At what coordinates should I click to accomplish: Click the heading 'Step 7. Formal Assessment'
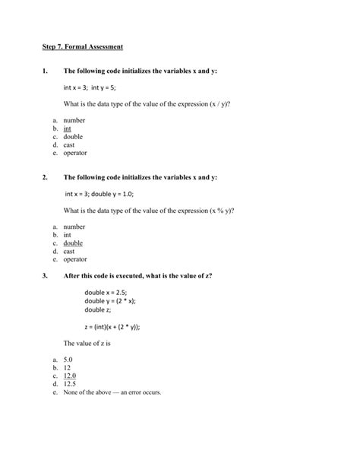[x=83, y=48]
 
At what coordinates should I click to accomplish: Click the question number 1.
[x=46, y=71]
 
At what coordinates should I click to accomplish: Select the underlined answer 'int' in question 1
[x=67, y=129]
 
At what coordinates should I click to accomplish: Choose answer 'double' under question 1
[x=73, y=137]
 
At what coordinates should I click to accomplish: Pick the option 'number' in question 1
[x=74, y=121]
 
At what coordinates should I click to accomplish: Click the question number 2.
[x=46, y=177]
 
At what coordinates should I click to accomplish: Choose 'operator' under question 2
[x=75, y=259]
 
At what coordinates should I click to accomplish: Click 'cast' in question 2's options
[x=69, y=251]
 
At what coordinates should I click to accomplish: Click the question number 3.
[x=46, y=275]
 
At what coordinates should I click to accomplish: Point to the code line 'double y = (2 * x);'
[x=110, y=301]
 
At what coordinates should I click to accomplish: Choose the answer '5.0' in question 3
[x=68, y=360]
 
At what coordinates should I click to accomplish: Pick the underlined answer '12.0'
[x=70, y=376]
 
